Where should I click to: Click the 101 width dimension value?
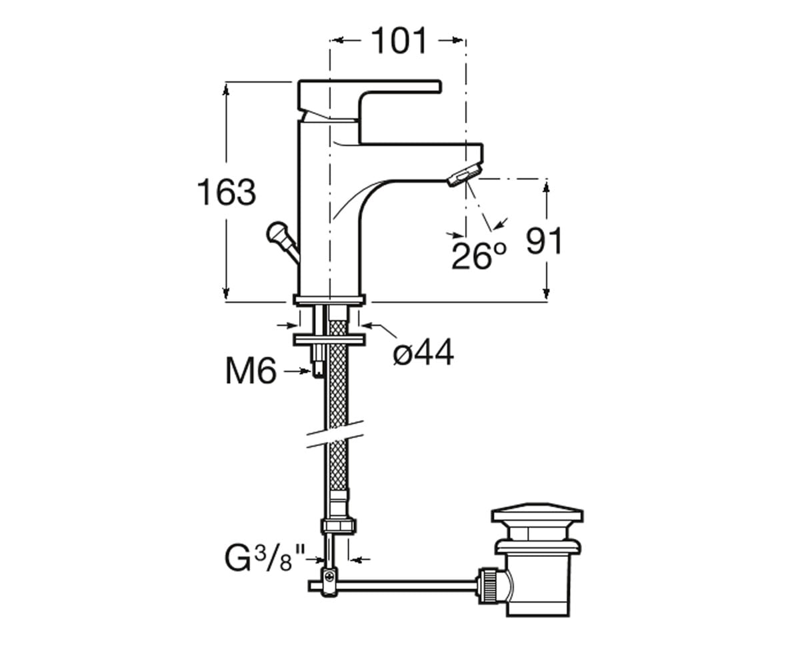(399, 41)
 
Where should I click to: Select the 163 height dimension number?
(227, 192)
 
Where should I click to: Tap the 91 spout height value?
(544, 241)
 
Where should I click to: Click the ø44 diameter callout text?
(423, 352)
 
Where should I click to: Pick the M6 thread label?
(251, 371)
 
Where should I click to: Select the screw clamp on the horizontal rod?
(329, 583)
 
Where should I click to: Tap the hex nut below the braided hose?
(338, 526)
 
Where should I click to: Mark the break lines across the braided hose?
(335, 434)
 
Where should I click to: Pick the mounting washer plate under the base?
(329, 340)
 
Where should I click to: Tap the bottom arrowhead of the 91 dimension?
(547, 293)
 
